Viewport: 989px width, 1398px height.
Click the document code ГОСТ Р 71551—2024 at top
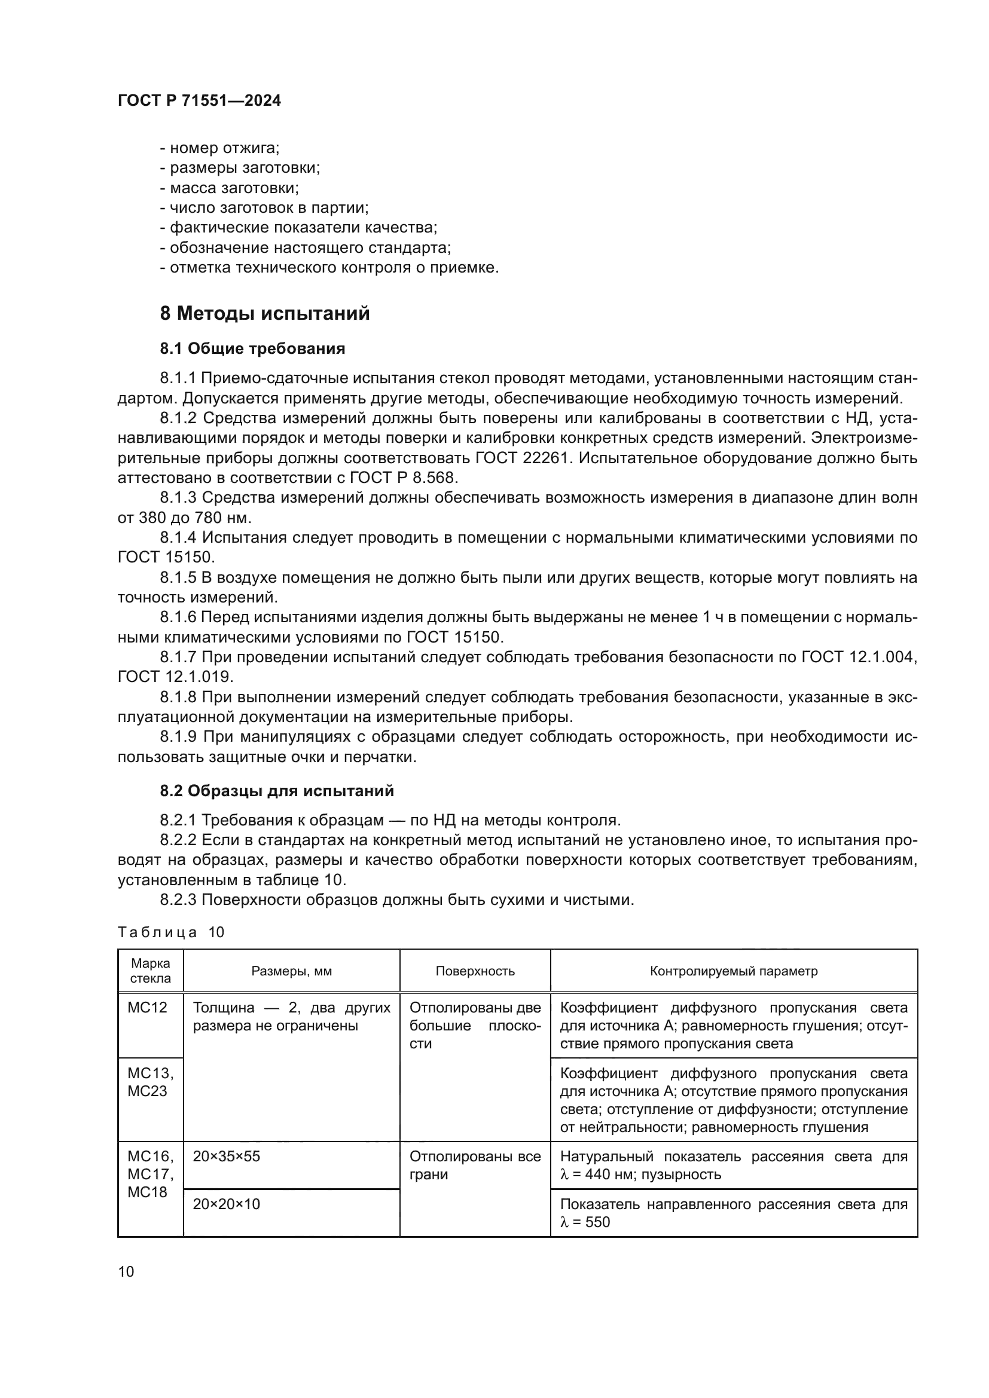pos(199,100)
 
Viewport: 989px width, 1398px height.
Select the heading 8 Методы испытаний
pos(265,314)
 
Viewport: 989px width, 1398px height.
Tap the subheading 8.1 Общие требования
pos(252,349)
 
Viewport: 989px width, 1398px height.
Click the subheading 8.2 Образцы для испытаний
pos(276,791)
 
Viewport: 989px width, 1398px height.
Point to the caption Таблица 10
pos(171,933)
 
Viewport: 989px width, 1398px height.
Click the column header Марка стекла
pos(151,971)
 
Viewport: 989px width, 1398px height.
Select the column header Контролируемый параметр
pos(733,971)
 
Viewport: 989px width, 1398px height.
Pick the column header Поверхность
pos(475,971)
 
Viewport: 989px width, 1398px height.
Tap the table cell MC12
pos(146,1008)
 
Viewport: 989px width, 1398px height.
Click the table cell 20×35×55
pos(227,1157)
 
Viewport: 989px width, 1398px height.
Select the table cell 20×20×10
pos(227,1204)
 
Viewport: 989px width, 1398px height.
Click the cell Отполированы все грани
pos(475,1165)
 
